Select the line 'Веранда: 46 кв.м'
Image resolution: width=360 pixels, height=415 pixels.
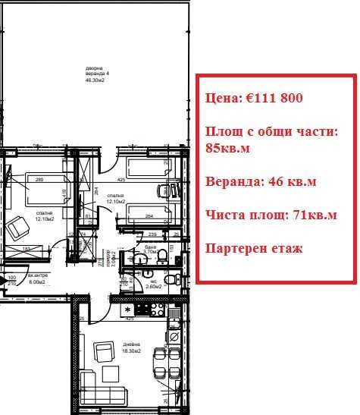[x=261, y=181]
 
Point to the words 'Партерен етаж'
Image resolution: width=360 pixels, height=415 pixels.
[x=253, y=248]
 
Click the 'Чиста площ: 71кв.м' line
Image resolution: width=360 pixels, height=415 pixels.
[x=271, y=215]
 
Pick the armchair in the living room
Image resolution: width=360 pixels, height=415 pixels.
[x=103, y=352]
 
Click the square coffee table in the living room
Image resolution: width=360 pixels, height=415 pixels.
[x=111, y=374]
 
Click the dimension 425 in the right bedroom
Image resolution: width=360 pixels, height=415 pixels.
[x=121, y=181]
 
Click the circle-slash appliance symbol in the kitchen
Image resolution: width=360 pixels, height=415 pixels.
[x=174, y=334]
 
